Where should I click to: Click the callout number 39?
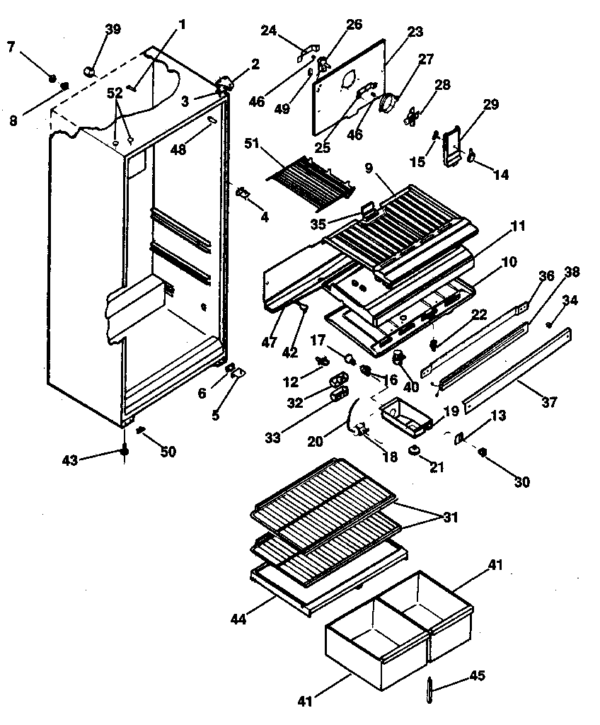112,29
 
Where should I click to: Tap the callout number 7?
11,47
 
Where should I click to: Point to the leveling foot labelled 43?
125,450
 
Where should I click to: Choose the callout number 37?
549,402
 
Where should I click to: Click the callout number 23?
415,31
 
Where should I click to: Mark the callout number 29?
490,104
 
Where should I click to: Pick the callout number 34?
570,300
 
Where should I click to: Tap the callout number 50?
168,452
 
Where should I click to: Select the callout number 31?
449,518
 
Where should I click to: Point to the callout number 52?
115,93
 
